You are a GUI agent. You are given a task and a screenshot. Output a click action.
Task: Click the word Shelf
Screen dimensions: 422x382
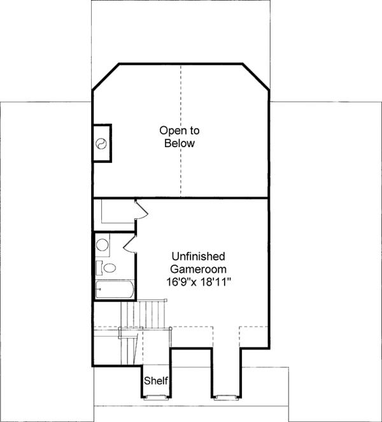156,381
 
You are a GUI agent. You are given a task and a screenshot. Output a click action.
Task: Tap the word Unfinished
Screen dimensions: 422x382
197,257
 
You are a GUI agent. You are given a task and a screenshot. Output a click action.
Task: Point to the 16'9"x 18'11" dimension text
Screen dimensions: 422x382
197,280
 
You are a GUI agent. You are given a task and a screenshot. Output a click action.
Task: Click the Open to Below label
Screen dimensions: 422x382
179,137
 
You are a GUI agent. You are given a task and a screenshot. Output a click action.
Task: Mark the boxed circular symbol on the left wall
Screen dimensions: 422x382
102,143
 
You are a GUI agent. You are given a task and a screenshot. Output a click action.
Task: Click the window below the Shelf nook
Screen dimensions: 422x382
155,397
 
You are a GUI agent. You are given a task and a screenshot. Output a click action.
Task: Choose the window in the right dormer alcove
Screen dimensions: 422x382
224,397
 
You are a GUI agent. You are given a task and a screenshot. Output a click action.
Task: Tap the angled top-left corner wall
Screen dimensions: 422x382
106,77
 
